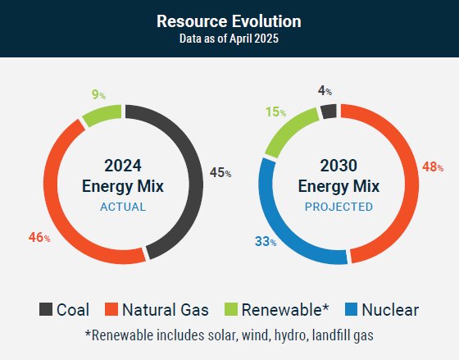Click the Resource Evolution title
(229, 21)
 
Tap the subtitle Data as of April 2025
(229, 39)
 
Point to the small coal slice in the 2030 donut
(329, 112)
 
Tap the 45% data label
(220, 172)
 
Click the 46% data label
(39, 237)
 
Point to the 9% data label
(98, 94)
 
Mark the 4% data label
(325, 91)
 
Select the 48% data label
(433, 167)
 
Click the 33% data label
(266, 242)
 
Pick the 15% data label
(275, 112)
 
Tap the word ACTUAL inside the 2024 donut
(123, 207)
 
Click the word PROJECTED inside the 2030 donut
(339, 207)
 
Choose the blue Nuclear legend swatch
(352, 309)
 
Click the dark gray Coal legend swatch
(46, 309)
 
